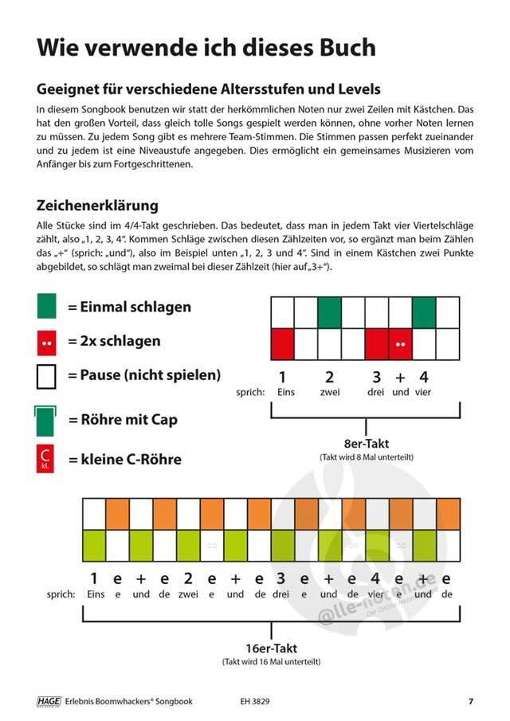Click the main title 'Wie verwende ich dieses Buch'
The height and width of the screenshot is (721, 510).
click(x=206, y=47)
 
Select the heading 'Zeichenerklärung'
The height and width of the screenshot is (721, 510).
click(x=98, y=206)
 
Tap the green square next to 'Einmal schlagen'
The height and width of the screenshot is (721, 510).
click(x=47, y=307)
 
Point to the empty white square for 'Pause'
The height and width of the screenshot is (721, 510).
click(x=47, y=375)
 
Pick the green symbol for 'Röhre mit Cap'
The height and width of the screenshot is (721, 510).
click(x=47, y=419)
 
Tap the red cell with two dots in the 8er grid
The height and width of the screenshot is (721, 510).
click(x=400, y=343)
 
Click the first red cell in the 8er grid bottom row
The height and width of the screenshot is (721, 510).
click(x=283, y=343)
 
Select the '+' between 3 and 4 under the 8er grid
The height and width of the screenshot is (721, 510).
click(x=400, y=377)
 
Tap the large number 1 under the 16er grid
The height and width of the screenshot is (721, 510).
click(x=94, y=578)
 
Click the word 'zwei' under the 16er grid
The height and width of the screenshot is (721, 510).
click(x=188, y=594)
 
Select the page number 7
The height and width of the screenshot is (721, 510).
click(x=471, y=701)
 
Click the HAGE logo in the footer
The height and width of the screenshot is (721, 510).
click(x=49, y=701)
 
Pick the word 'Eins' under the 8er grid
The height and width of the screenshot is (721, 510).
click(x=285, y=393)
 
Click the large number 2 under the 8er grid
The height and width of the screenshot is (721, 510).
click(x=329, y=377)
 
